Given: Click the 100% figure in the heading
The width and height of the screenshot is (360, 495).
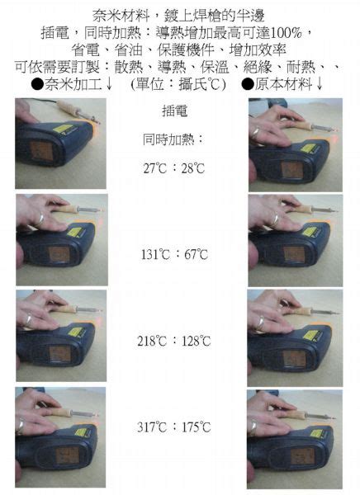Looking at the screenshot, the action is [x=286, y=33].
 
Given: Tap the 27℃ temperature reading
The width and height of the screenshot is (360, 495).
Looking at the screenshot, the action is [x=155, y=168].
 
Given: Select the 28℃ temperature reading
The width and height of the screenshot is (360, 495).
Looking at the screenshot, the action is [x=193, y=168].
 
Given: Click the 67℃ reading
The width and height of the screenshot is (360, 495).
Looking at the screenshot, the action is [x=196, y=254].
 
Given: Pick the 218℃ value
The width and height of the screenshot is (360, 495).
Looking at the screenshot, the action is [x=152, y=341].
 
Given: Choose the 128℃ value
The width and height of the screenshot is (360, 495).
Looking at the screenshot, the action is [x=196, y=341].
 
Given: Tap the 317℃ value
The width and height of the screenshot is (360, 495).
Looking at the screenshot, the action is [x=152, y=427].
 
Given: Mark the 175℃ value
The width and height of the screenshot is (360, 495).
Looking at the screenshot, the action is [x=196, y=427].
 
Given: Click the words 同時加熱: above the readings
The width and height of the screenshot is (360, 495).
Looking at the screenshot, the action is [x=173, y=139].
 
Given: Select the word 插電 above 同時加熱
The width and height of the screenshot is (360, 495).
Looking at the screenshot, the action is [x=174, y=111].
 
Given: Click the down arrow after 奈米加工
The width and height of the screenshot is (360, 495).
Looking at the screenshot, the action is [x=108, y=84].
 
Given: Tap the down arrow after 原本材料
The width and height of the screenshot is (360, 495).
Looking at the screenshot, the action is [x=319, y=84].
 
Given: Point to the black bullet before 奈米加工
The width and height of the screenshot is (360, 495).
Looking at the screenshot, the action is [x=38, y=84].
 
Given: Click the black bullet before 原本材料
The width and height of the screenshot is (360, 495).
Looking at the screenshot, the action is [x=248, y=84].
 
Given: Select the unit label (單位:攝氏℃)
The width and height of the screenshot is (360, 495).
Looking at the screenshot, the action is [x=178, y=84].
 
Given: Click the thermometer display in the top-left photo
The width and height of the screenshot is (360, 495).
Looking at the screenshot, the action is [x=40, y=151].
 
